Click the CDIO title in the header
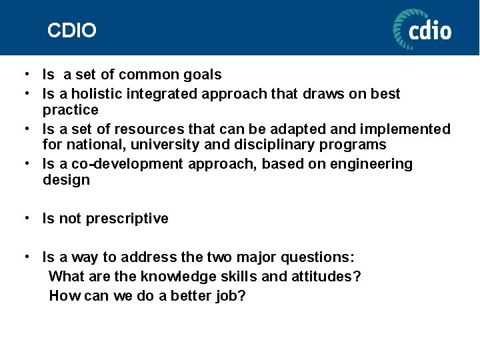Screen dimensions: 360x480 [x=72, y=31]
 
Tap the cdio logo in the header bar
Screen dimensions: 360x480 [x=422, y=29]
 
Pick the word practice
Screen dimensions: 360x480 [x=70, y=110]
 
